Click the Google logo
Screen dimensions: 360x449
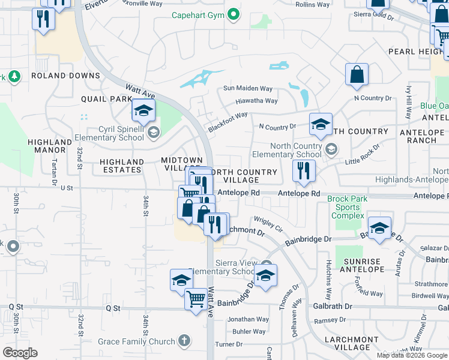[20, 353]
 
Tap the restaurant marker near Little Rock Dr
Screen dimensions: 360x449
[304, 172]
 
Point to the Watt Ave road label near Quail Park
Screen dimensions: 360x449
[141, 92]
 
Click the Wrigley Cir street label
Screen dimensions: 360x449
[268, 224]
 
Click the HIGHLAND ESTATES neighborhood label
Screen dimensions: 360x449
[122, 166]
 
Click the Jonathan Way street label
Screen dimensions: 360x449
[248, 320]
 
